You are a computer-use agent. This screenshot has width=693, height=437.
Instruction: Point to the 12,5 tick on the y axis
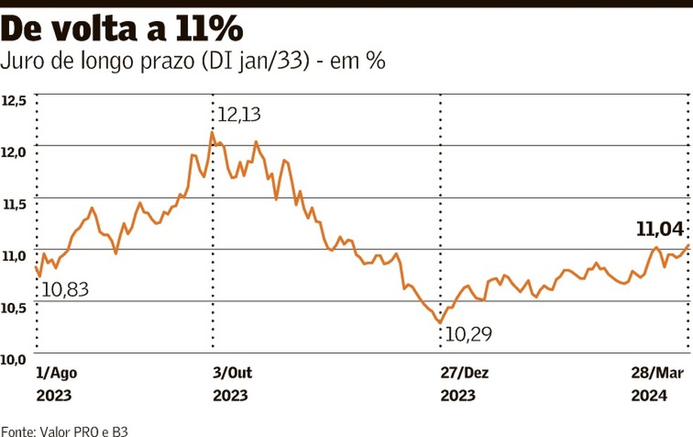click(14, 101)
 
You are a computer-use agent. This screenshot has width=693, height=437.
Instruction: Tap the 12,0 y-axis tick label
click(14, 152)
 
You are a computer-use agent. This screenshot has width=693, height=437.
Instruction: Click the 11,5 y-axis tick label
click(14, 204)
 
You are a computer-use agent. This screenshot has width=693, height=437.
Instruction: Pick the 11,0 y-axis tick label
click(14, 255)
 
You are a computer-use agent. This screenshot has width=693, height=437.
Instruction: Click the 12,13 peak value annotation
click(244, 115)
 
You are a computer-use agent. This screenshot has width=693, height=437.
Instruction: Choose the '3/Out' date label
click(232, 374)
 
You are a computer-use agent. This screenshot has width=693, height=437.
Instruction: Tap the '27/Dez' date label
click(465, 374)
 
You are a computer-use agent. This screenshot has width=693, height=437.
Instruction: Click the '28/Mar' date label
click(659, 374)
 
